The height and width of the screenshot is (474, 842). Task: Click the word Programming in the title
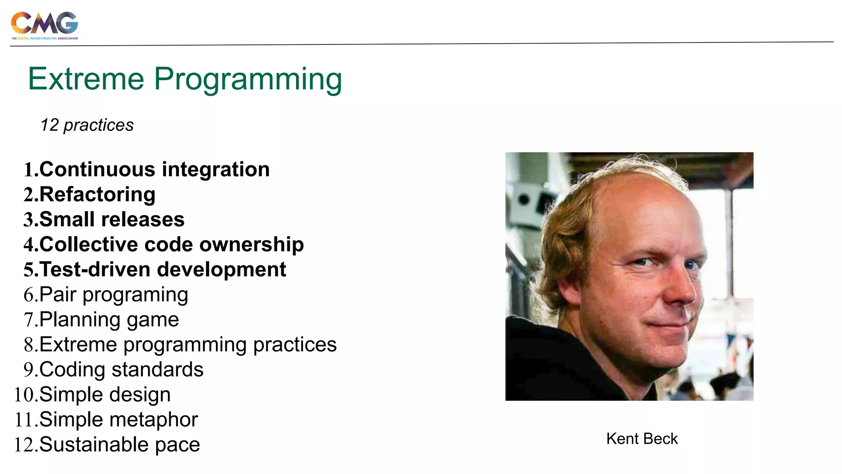(x=248, y=79)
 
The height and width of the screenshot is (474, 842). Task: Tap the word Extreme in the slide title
(x=86, y=79)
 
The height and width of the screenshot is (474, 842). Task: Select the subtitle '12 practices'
(x=87, y=125)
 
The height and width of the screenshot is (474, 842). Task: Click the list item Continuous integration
(x=154, y=170)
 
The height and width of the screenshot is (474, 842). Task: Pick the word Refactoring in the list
(x=97, y=195)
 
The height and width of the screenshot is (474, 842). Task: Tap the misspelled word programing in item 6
(x=135, y=295)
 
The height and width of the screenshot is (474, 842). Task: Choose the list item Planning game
(x=109, y=320)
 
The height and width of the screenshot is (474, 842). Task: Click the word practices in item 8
(x=295, y=345)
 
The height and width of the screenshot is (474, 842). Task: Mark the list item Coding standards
(x=121, y=369)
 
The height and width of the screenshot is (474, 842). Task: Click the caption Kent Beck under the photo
(x=642, y=439)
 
